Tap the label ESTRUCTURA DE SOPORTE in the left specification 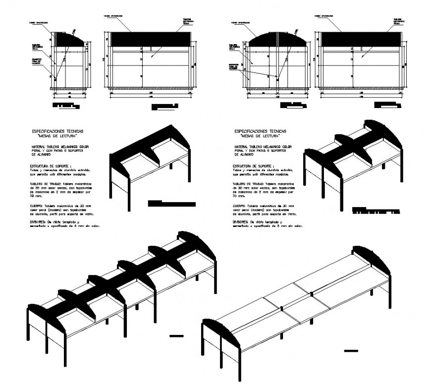(x=51, y=166)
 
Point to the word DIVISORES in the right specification (x=242, y=222)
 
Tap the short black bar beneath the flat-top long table (x=351, y=351)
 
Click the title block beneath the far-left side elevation (x=66, y=106)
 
